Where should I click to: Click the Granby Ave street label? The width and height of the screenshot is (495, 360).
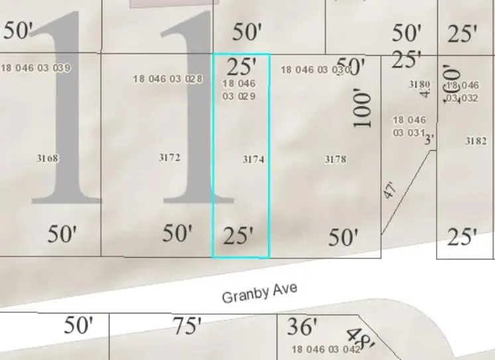(x=259, y=292)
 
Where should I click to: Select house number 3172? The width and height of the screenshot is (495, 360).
(x=169, y=157)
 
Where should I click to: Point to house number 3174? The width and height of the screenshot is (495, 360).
(x=253, y=159)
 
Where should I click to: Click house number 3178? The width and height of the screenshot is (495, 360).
(x=335, y=159)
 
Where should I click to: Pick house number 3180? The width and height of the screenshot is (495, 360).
(x=419, y=84)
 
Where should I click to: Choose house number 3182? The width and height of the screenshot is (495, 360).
(x=476, y=141)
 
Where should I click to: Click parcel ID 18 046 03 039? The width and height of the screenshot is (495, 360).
(x=36, y=68)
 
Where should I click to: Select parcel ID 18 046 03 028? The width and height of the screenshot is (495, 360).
(x=167, y=78)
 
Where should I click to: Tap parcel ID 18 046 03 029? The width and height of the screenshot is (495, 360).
(x=239, y=90)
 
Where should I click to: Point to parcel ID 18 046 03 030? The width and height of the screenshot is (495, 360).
(x=315, y=70)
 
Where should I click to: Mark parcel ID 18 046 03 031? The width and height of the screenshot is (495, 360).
(x=409, y=126)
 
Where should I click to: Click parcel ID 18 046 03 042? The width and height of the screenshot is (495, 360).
(x=326, y=349)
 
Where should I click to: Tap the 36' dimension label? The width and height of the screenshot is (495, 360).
(x=303, y=326)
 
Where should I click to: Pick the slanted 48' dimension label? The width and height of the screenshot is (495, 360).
(x=362, y=337)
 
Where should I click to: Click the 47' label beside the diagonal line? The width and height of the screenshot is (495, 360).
(x=390, y=190)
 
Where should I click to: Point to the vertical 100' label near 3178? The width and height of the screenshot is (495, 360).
(x=362, y=109)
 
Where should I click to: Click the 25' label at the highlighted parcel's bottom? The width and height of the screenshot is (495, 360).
(x=239, y=236)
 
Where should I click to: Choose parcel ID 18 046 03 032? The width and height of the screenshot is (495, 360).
(x=462, y=92)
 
